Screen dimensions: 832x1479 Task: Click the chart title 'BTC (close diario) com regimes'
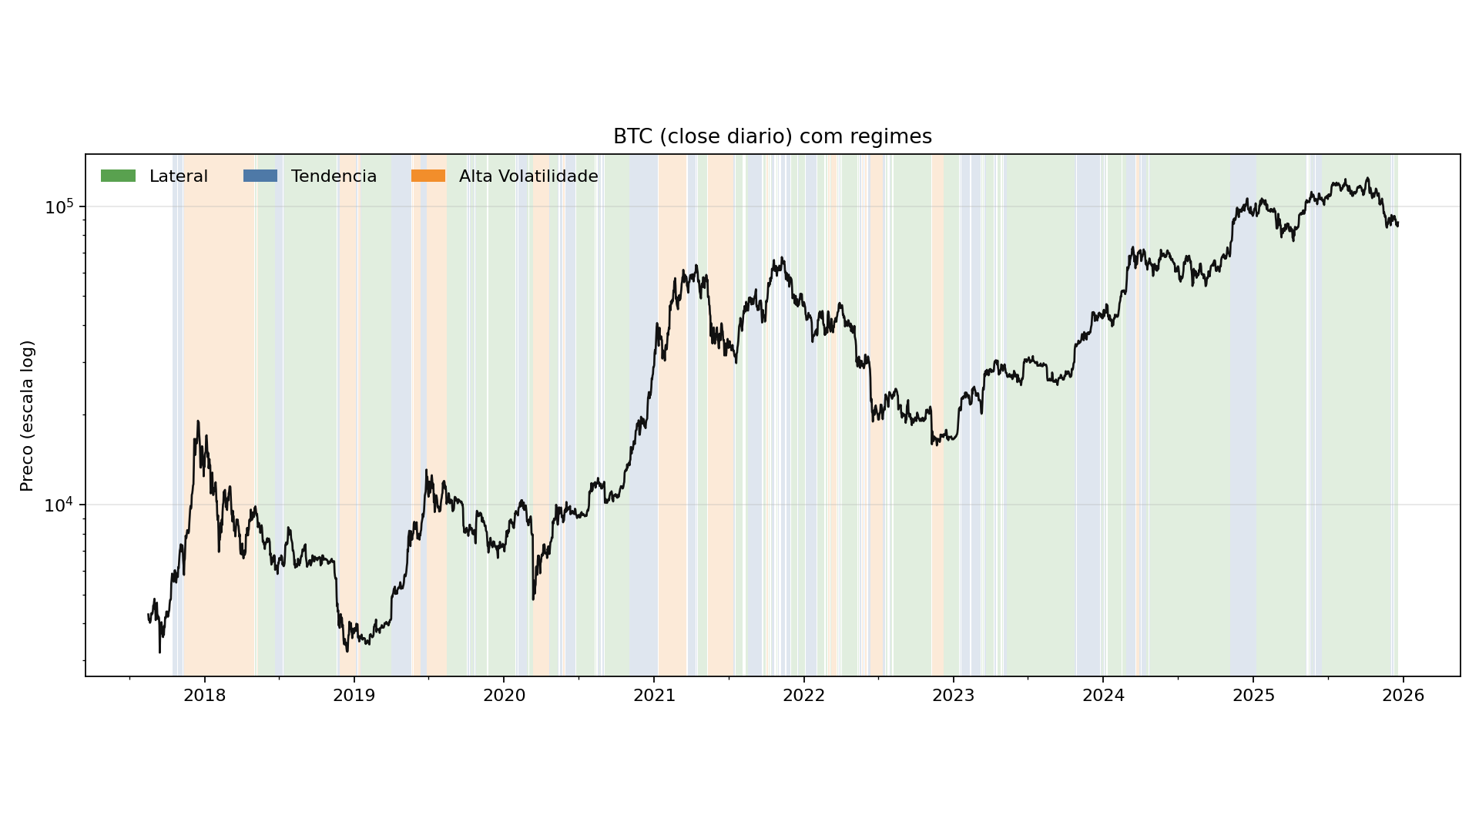tap(772, 137)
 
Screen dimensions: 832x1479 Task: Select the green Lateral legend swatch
tap(118, 176)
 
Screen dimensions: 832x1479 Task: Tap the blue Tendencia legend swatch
tap(260, 176)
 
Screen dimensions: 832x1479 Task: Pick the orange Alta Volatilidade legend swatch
tap(428, 176)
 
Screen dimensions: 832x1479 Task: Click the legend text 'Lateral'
tap(178, 176)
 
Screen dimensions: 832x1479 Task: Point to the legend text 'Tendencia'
tap(334, 176)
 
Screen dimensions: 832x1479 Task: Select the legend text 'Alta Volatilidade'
tap(528, 176)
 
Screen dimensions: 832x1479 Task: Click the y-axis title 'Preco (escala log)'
tap(28, 416)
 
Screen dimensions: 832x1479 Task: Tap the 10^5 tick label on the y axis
tap(59, 207)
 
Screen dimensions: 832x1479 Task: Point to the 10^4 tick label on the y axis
tap(59, 505)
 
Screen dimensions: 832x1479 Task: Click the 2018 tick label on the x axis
tap(204, 696)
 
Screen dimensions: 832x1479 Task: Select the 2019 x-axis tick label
tap(354, 696)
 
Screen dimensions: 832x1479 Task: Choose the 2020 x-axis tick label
tap(504, 696)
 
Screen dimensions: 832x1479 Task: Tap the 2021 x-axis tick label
tap(654, 696)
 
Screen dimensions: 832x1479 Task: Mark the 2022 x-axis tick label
tap(803, 696)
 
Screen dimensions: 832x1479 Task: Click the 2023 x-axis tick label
tap(953, 696)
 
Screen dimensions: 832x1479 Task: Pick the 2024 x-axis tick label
tap(1103, 696)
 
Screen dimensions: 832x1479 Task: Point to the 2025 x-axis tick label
tap(1253, 696)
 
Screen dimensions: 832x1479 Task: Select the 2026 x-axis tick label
tap(1403, 696)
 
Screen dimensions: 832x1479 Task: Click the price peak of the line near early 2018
tap(198, 421)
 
